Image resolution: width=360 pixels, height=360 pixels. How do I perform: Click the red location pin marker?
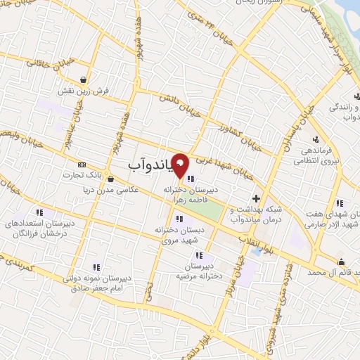[180, 165]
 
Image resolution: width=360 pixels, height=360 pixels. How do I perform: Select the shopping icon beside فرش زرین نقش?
[84, 79]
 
